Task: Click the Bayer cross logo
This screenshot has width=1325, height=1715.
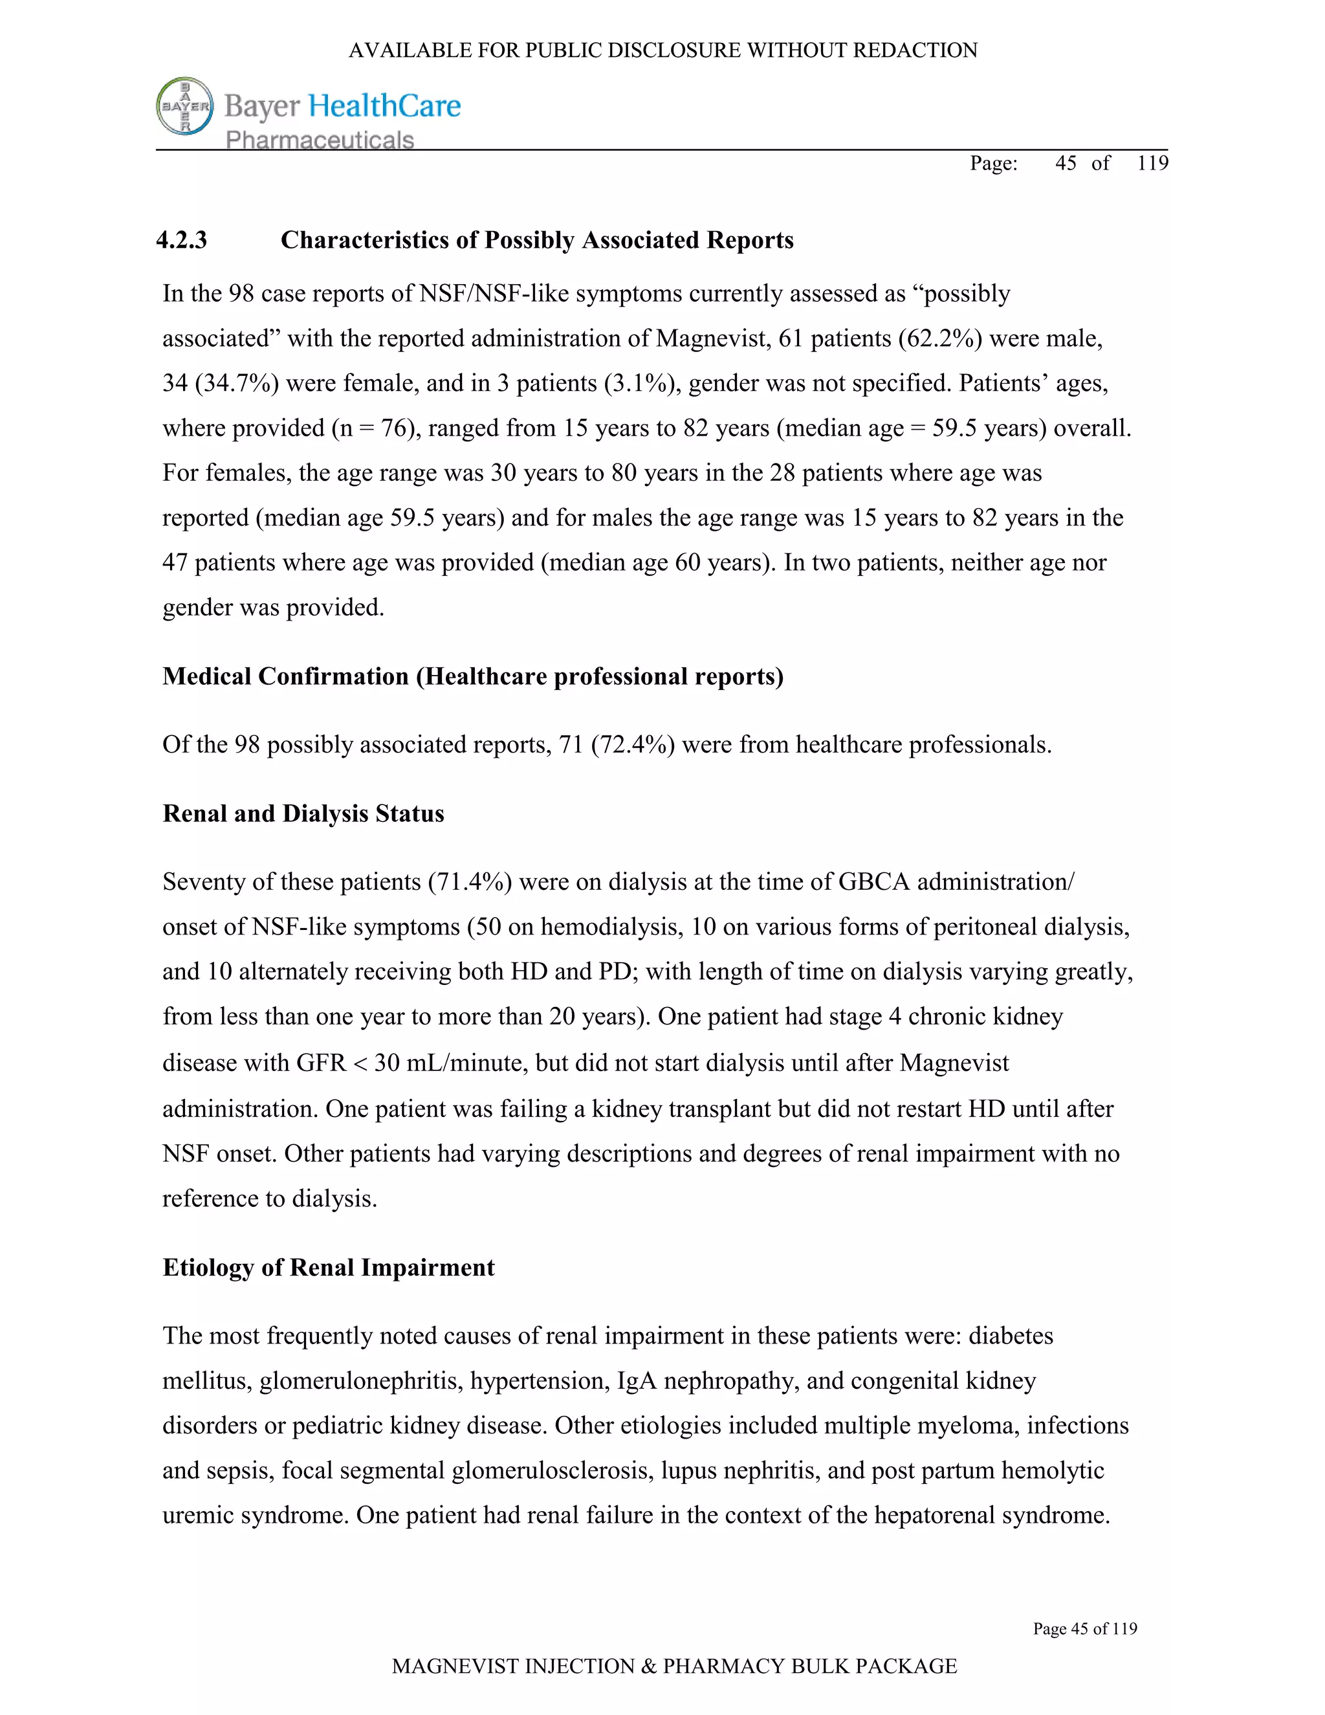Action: [185, 106]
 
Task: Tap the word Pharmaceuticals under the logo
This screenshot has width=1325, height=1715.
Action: [320, 140]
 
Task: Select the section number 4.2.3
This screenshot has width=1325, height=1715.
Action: [181, 239]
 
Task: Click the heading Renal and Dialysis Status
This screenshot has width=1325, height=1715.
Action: [303, 813]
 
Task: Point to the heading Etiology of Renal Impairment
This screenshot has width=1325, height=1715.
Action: [328, 1267]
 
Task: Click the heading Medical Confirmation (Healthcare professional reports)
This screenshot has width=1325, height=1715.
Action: [472, 676]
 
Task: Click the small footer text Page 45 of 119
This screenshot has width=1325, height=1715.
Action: [1085, 1629]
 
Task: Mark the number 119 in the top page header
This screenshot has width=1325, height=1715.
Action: [1152, 163]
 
